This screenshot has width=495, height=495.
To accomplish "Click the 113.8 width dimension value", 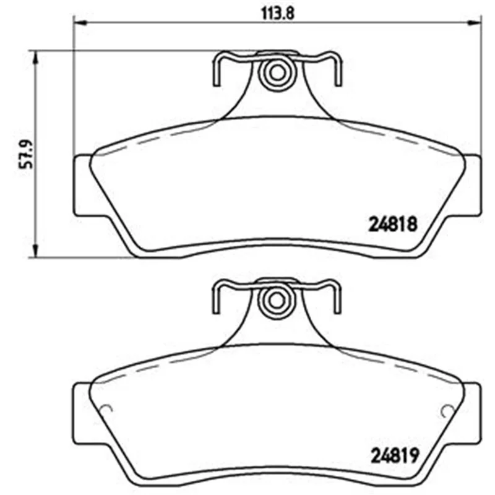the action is tap(277, 14).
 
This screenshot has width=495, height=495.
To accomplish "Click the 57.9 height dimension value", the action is tap(26, 154).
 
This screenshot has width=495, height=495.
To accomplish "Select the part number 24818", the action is tap(393, 224).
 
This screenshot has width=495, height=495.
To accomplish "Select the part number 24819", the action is tap(395, 455).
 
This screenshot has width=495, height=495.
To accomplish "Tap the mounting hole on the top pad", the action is tap(277, 73).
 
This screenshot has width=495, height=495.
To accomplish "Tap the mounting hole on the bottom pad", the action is tap(277, 300).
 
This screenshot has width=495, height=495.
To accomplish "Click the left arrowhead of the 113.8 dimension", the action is tap(79, 22).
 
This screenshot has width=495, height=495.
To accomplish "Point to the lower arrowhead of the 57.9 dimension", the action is tap(36, 251).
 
